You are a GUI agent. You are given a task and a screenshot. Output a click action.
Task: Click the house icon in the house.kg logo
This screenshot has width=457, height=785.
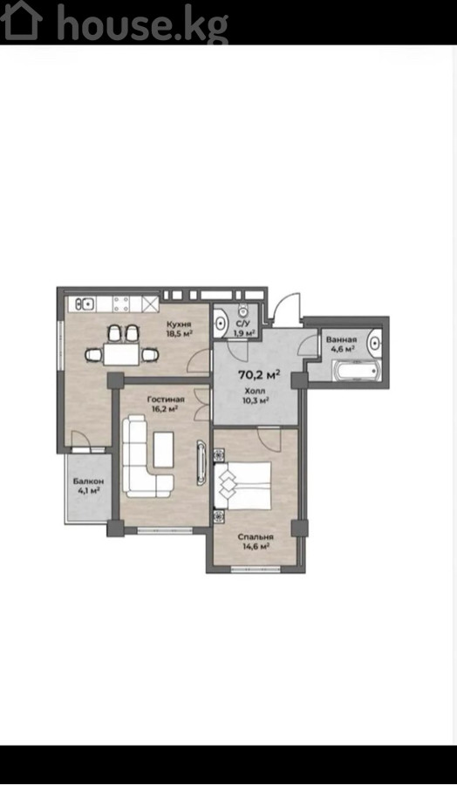click(x=21, y=20)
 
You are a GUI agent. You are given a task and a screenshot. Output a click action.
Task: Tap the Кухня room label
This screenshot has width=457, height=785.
click(x=179, y=324)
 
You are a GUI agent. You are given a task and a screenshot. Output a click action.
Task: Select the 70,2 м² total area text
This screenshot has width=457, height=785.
click(x=259, y=374)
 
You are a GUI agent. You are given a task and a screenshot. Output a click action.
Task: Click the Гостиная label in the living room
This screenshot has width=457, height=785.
click(x=166, y=399)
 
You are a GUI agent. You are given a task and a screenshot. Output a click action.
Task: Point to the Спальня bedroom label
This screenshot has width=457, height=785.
click(x=256, y=537)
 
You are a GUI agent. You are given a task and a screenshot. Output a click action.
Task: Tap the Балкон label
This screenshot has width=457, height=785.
click(x=89, y=481)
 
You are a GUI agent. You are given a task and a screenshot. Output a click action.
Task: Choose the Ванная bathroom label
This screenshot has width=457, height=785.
click(x=341, y=340)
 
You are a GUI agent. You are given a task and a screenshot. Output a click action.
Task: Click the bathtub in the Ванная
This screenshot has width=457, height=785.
click(x=357, y=371)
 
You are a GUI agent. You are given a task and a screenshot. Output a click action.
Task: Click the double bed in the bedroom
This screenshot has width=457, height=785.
click(x=244, y=485)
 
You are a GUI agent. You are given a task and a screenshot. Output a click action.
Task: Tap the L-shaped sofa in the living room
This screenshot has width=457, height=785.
click(x=145, y=456)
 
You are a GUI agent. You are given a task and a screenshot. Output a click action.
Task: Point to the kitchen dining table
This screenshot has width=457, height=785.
click(x=120, y=354)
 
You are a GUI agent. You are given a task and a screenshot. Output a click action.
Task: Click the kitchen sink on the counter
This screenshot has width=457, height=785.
click(x=85, y=304)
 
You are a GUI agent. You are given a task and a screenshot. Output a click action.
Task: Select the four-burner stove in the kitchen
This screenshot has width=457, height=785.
click(x=120, y=304)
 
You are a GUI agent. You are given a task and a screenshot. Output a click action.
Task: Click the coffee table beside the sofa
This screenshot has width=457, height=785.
click(x=164, y=449)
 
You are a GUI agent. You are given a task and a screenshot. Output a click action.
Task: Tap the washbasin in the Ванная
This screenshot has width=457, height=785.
click(x=374, y=343)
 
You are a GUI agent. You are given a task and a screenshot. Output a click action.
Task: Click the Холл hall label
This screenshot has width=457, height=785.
click(x=255, y=391)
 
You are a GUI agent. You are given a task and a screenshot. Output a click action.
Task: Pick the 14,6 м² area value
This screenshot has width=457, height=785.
click(x=256, y=547)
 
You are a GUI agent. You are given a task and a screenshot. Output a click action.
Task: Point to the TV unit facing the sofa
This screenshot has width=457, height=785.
click(x=201, y=462)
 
